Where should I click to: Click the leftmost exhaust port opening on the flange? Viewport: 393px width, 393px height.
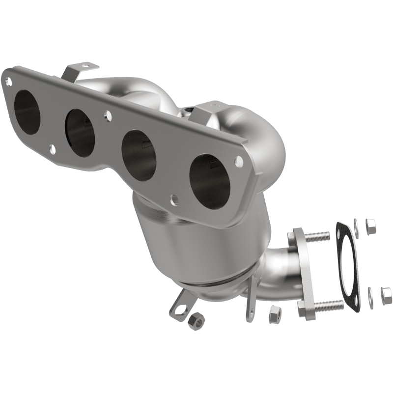(x=27, y=111)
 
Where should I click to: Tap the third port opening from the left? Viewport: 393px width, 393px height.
(x=138, y=153)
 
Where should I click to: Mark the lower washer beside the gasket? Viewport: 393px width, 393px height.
(x=369, y=296)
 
